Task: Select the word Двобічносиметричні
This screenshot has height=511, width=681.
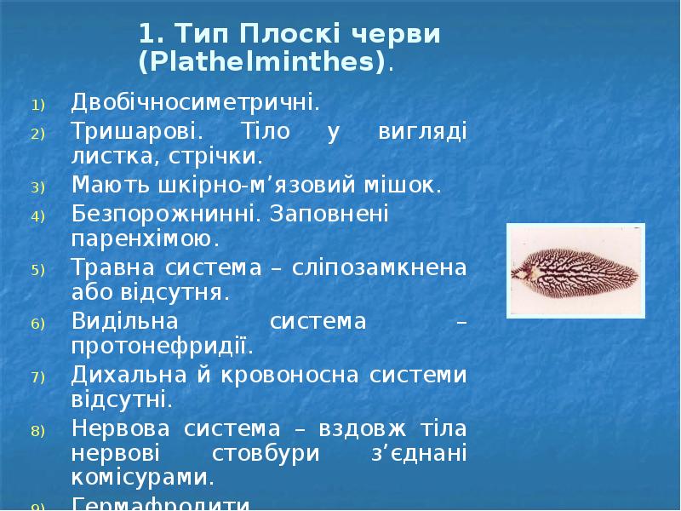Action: click(196, 105)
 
